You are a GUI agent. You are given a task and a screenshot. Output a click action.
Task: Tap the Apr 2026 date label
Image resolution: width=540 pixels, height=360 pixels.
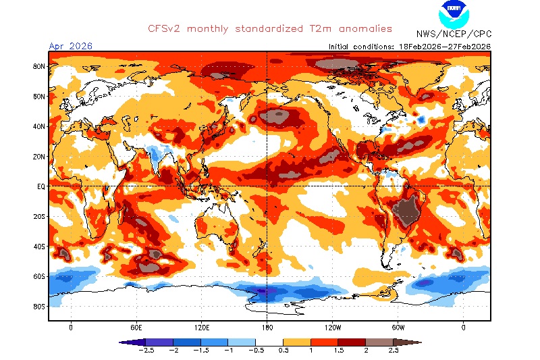point(70,46)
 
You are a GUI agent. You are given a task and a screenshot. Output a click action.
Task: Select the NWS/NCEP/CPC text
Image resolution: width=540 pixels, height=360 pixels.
point(454,32)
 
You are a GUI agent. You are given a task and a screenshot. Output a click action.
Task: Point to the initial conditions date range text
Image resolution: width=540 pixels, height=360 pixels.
point(409,47)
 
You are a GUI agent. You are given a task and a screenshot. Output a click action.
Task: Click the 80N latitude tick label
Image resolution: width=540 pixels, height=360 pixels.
point(38,66)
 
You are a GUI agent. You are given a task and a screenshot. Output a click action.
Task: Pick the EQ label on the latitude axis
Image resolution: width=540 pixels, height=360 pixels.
point(40,186)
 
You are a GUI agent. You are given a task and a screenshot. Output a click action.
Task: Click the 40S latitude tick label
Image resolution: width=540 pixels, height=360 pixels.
point(38,247)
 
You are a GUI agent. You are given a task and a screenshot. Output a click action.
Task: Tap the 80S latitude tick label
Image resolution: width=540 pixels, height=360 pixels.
point(38,307)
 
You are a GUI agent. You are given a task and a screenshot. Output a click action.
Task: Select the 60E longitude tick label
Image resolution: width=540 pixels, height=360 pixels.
point(136,328)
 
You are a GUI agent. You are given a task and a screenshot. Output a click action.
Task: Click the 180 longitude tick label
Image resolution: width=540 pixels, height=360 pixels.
point(267,328)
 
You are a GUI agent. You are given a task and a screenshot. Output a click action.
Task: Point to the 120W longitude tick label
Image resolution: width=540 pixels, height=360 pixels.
point(332,328)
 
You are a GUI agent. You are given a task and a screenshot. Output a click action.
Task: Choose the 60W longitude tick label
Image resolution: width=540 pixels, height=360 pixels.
point(398,328)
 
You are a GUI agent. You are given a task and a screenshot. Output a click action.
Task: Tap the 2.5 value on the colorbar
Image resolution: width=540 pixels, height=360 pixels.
point(394,351)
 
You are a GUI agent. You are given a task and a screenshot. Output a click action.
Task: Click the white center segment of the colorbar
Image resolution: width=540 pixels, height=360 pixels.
point(269,342)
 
